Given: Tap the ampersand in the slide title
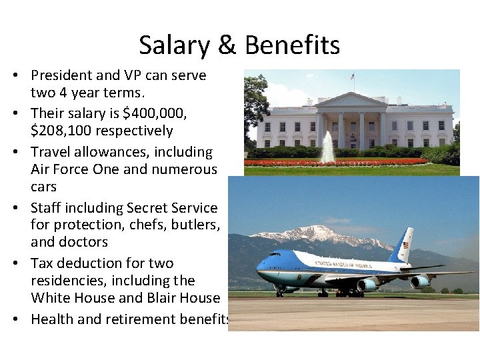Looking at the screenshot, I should tap(227, 45).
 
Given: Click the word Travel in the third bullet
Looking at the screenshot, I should tap(53, 153).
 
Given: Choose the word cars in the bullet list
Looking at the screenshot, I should tap(44, 187).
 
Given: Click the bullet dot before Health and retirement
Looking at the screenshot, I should tap(15, 319).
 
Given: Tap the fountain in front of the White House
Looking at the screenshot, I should tap(328, 149).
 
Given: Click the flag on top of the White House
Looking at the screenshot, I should tap(352, 77).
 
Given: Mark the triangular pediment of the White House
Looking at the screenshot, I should tap(351, 101).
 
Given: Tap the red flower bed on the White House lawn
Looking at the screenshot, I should tap(333, 162).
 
